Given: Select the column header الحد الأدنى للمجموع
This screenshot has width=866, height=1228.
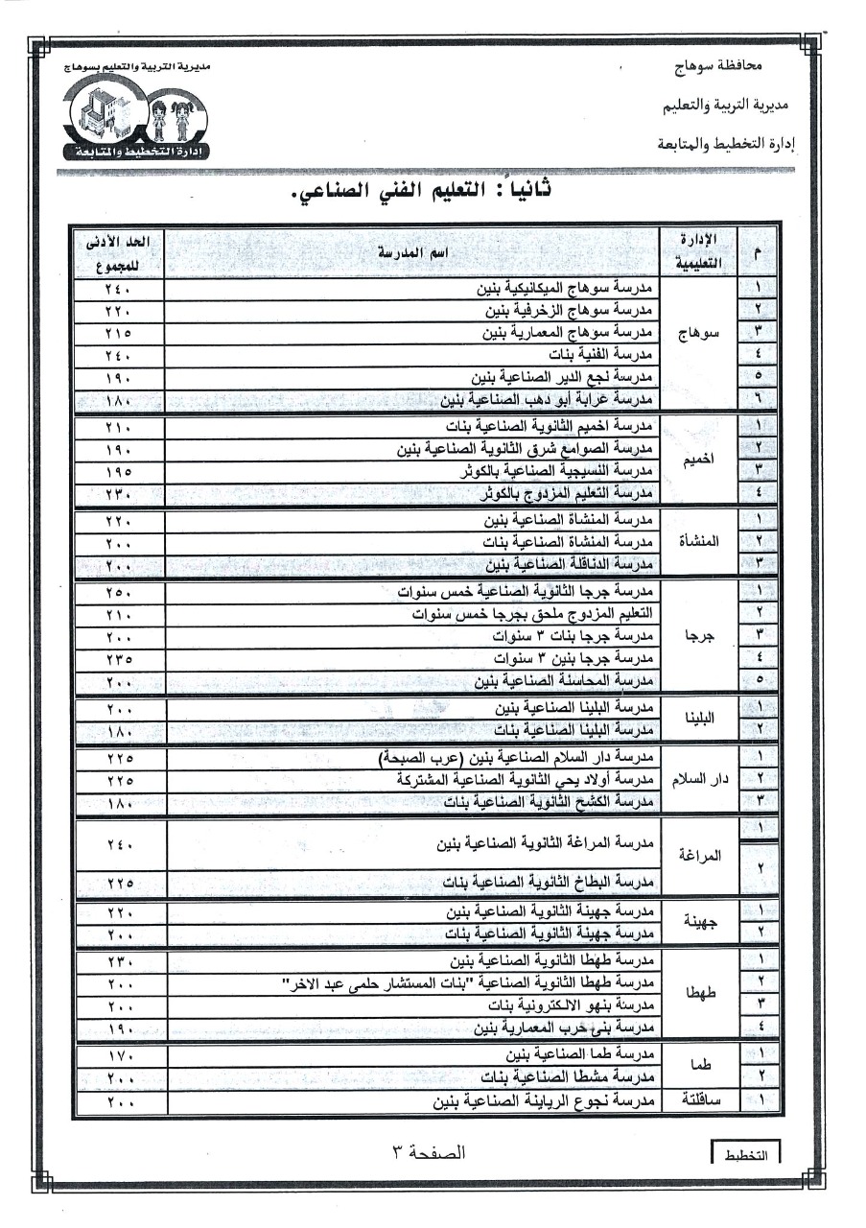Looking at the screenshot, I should click(119, 251).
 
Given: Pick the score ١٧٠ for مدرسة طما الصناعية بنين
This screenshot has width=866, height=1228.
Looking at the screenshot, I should click(119, 1056).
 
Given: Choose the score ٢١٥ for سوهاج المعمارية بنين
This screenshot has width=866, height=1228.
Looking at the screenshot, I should click(119, 333).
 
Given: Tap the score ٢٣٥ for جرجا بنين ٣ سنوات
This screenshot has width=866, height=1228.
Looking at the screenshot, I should click(119, 659).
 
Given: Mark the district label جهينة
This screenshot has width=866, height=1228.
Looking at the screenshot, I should click(700, 921).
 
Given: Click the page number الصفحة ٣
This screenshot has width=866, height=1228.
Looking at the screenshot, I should click(429, 1152).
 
